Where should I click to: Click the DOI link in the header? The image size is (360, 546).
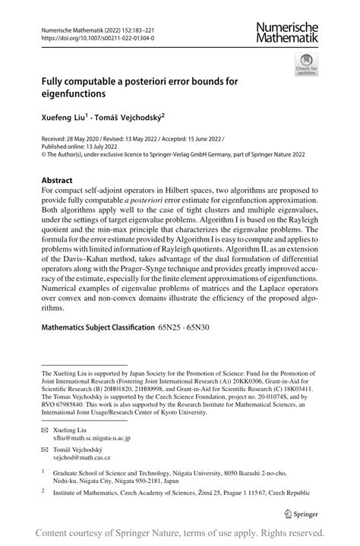pyautogui.click(x=98, y=36)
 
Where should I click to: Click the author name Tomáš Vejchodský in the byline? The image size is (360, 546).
pyautogui.click(x=126, y=118)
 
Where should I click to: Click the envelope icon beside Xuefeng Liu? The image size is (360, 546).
pyautogui.click(x=45, y=430)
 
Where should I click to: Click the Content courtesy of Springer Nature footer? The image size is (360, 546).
pyautogui.click(x=180, y=532)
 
